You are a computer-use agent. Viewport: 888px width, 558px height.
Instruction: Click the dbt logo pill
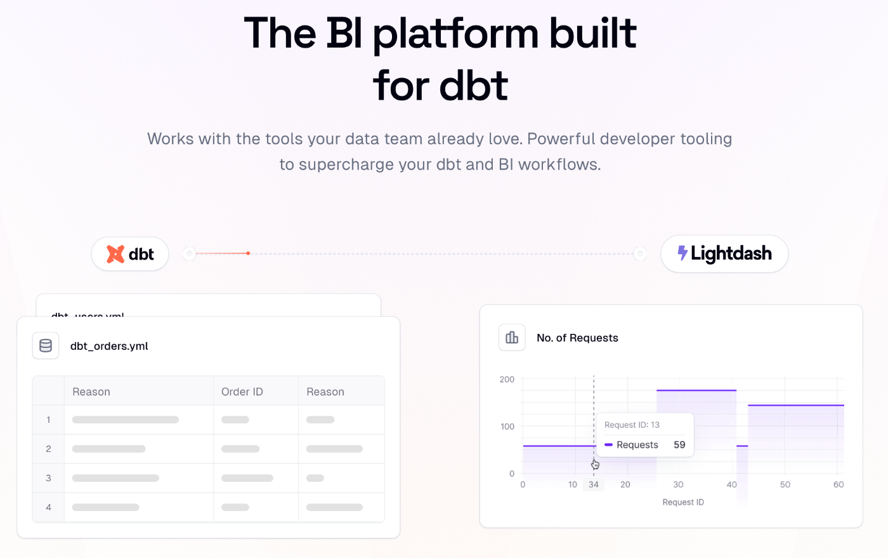[x=130, y=254]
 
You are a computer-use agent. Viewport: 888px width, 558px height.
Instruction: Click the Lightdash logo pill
[x=724, y=254]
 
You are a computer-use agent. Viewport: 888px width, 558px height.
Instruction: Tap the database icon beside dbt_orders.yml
[x=46, y=346]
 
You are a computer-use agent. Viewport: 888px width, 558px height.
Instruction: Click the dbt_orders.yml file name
[x=109, y=346]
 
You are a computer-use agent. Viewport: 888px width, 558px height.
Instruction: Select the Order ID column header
[x=242, y=392]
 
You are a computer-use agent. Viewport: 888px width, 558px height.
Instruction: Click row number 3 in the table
[x=48, y=478]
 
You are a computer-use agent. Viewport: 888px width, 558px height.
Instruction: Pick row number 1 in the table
[x=48, y=420]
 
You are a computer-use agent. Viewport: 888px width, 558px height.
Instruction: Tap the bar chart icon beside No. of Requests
[x=512, y=338]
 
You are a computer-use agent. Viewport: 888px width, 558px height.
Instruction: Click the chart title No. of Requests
[x=577, y=338]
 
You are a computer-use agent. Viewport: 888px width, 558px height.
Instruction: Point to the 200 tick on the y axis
[x=507, y=380]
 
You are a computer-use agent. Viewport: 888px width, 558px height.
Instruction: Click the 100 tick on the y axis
[x=507, y=427]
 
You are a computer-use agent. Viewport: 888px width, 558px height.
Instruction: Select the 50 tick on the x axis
[x=785, y=484]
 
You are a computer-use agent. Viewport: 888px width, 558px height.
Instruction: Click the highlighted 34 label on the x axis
[x=593, y=484]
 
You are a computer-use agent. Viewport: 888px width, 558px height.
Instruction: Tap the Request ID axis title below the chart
[x=683, y=502]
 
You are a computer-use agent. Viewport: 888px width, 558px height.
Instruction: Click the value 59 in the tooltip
[x=679, y=444]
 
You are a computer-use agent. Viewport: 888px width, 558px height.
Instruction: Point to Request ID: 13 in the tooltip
[x=632, y=425]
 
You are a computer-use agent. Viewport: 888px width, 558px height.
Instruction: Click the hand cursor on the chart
[x=595, y=464]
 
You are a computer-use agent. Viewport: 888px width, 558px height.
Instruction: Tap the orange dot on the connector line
[x=248, y=253]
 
